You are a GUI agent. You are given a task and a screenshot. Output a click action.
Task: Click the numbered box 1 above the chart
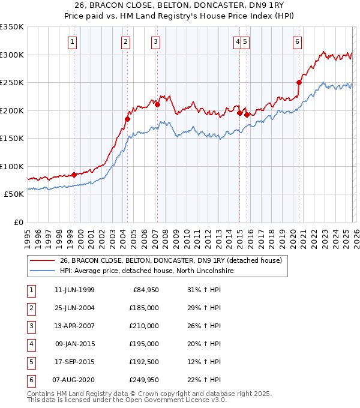point(72,41)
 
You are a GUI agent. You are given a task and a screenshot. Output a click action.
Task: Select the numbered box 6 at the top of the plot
point(298,41)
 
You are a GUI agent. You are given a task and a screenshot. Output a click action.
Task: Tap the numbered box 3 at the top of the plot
point(155,41)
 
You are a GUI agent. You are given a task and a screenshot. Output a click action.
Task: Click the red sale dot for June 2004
point(127,119)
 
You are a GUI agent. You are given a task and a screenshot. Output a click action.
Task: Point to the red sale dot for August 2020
point(298,83)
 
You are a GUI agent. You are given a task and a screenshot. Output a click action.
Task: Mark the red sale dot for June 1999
point(74,175)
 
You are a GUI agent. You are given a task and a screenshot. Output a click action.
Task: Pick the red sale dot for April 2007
point(157,105)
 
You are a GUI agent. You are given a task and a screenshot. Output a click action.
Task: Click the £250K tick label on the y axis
point(12,83)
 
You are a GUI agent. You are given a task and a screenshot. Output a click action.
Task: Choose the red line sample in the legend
point(42,260)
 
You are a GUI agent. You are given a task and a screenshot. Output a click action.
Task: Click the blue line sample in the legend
point(42,271)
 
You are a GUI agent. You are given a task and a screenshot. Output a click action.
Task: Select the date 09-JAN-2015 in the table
point(74,344)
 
